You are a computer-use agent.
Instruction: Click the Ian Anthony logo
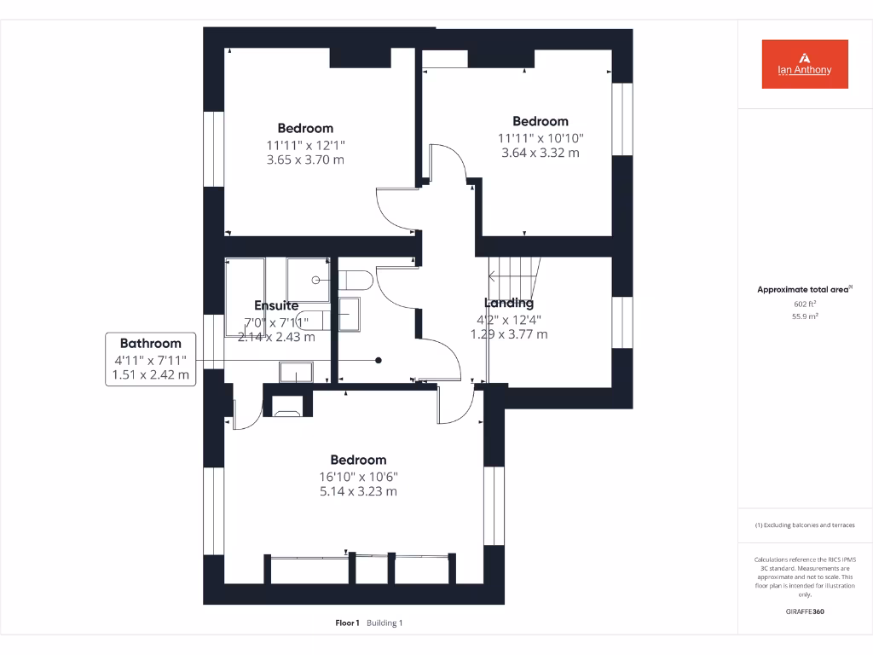pos(805,64)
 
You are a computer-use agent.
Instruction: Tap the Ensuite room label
pos(276,305)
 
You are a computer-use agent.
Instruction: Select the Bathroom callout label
pos(150,344)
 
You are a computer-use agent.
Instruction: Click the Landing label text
pos(509,303)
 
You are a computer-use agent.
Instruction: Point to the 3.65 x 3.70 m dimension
pos(305,159)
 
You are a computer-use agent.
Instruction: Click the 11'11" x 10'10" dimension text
pos(540,137)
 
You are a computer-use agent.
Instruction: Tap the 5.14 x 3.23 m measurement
pos(358,491)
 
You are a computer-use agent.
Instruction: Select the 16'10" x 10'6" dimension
pos(358,476)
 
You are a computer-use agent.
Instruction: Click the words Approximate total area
pos(802,290)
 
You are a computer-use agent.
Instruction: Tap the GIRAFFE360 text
pos(805,612)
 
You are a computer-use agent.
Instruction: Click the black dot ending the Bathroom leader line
pos(379,360)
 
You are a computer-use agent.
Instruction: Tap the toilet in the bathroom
pos(355,279)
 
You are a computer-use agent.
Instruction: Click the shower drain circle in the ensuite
pos(316,280)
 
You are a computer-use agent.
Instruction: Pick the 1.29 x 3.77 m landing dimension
pos(509,334)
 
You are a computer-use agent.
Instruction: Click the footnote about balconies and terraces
pos(805,525)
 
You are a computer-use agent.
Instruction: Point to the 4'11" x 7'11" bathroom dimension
pos(150,360)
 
